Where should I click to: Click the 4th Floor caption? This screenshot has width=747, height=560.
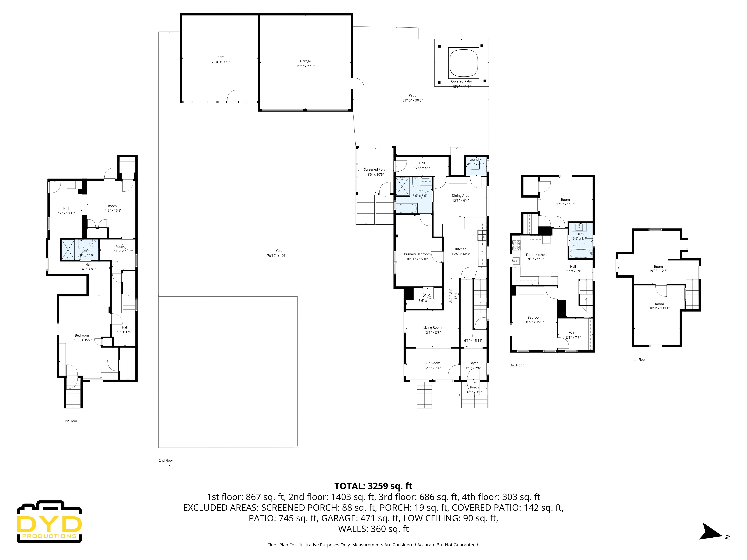[x=639, y=360]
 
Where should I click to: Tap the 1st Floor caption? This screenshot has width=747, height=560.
[x=71, y=421]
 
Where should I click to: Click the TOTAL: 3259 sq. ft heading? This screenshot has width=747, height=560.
[x=373, y=486]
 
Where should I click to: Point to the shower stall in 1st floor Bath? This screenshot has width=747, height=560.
[x=68, y=249]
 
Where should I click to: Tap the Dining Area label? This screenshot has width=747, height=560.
[x=460, y=195]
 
